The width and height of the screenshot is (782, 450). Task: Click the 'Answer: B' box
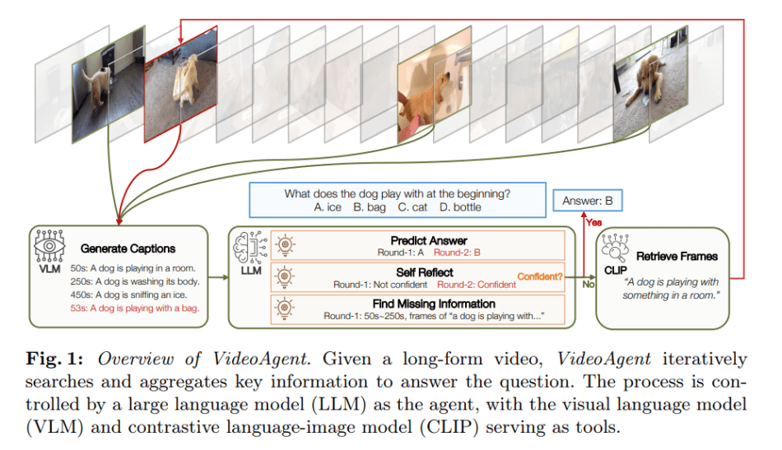pyautogui.click(x=588, y=201)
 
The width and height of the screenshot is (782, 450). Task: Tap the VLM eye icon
pyautogui.click(x=49, y=246)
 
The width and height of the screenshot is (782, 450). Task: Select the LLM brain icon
pyautogui.click(x=251, y=247)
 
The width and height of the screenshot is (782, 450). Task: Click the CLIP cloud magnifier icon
pyautogui.click(x=616, y=248)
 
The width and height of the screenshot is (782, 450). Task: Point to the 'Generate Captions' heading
pyautogui.click(x=128, y=248)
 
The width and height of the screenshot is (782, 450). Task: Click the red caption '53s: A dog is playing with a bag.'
pyautogui.click(x=135, y=308)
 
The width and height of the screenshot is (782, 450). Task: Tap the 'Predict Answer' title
pyautogui.click(x=429, y=241)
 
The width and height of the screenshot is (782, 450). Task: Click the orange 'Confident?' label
pyautogui.click(x=540, y=276)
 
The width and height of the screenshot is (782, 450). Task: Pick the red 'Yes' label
pyautogui.click(x=594, y=222)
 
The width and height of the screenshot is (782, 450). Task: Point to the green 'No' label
pyautogui.click(x=588, y=284)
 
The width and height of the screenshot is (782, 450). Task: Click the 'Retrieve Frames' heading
pyautogui.click(x=677, y=256)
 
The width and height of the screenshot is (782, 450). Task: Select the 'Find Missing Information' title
pyautogui.click(x=434, y=304)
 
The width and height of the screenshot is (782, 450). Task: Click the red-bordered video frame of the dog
pyautogui.click(x=180, y=84)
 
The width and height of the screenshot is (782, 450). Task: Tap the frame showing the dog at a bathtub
pyautogui.click(x=435, y=85)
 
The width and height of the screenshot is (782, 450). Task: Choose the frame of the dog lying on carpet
pyautogui.click(x=650, y=85)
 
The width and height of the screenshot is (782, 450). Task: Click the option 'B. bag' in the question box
pyautogui.click(x=370, y=207)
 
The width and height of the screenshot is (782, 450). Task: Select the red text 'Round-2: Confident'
pyautogui.click(x=477, y=285)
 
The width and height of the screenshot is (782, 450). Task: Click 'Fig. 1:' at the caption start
pyautogui.click(x=54, y=360)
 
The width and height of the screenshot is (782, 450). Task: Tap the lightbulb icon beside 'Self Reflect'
pyautogui.click(x=285, y=277)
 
